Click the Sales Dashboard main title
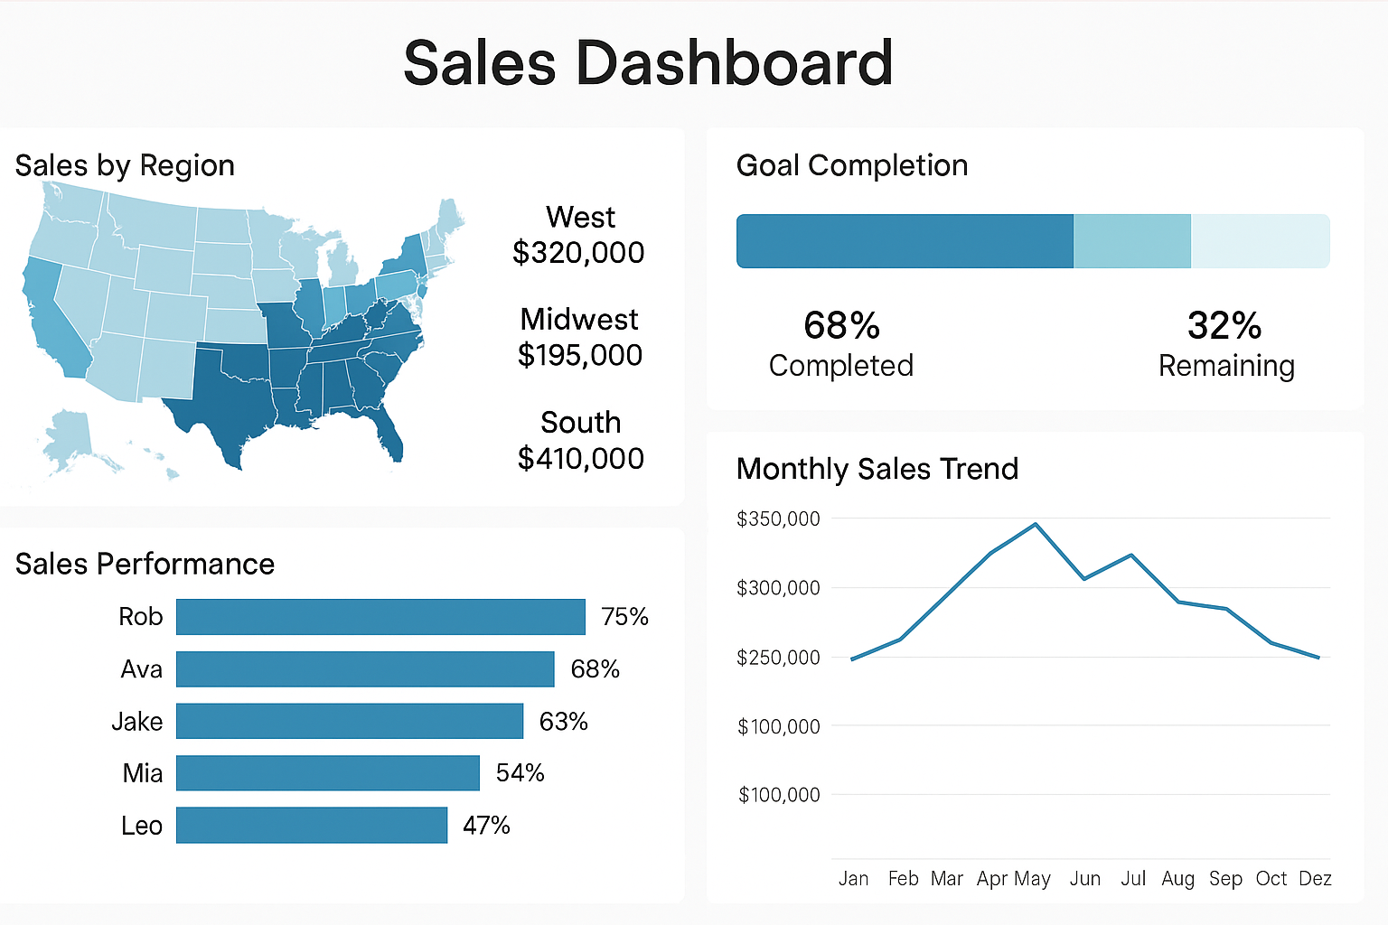point(648,63)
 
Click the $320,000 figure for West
point(578,253)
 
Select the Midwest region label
point(579,319)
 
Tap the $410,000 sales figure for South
point(580,458)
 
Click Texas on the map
point(226,397)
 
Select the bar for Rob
point(380,617)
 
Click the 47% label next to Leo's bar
point(486,826)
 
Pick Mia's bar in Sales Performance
point(327,773)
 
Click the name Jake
point(137,722)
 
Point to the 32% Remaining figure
point(1224,326)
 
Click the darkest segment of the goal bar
point(905,241)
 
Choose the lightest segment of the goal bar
point(1260,241)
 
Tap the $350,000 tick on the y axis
point(778,519)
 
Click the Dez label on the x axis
point(1315,878)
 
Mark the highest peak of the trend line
point(1036,524)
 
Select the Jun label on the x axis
point(1084,878)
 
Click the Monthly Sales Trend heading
point(877,469)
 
